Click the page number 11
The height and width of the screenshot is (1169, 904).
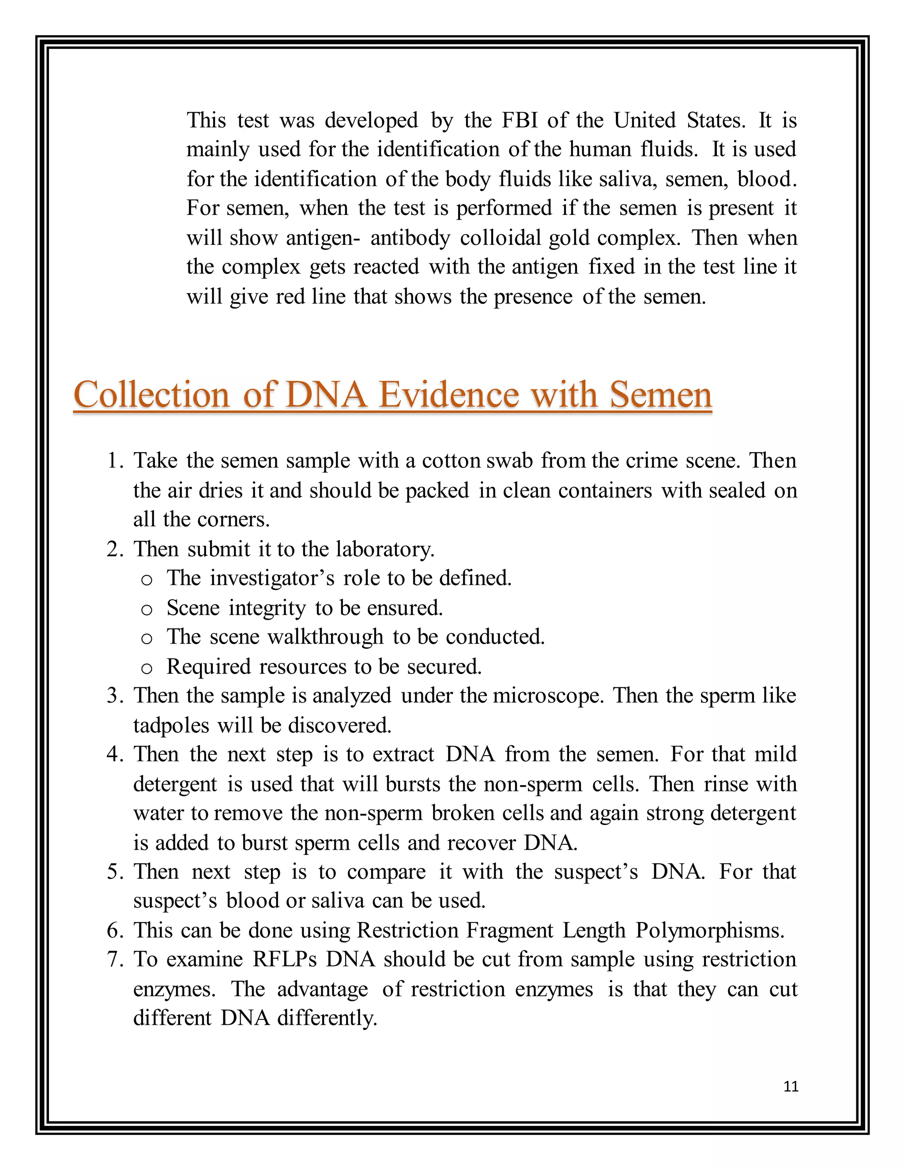(791, 1086)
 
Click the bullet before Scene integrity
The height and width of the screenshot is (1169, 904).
(147, 609)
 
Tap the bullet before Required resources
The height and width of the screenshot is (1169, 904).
(147, 668)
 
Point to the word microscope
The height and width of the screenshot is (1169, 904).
(548, 695)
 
